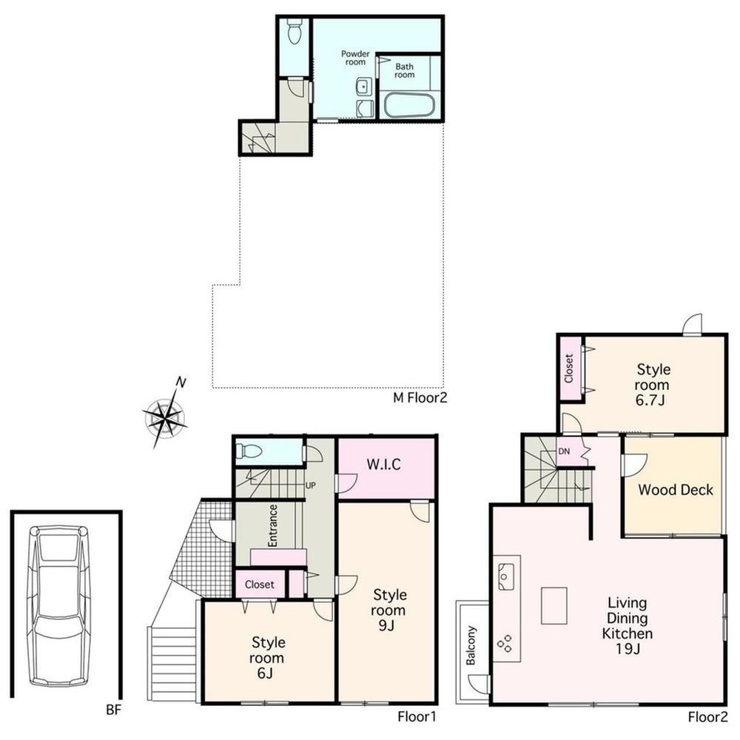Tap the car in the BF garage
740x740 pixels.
(59, 606)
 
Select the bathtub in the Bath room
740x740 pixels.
(408, 105)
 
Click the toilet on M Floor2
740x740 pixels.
(295, 30)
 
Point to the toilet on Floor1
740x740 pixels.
(248, 451)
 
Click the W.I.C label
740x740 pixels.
(383, 465)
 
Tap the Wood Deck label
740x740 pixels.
(676, 490)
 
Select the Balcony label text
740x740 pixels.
(471, 645)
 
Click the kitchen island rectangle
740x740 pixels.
(554, 605)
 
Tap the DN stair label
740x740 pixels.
(564, 451)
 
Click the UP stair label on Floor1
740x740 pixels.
(311, 485)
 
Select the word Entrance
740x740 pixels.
(273, 525)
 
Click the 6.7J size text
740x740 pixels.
(650, 400)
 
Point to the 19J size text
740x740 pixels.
(628, 649)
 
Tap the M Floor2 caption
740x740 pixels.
(420, 398)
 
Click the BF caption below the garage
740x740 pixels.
(113, 710)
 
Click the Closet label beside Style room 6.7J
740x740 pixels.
(569, 368)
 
